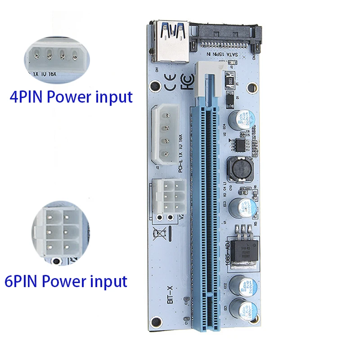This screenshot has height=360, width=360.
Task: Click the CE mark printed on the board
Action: (x=170, y=84)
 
